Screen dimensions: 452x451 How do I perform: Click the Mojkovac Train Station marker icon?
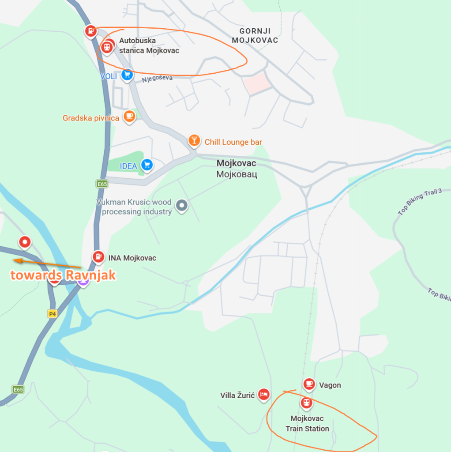pyautogui.click(x=306, y=402)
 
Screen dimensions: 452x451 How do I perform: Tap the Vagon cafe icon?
pyautogui.click(x=309, y=384)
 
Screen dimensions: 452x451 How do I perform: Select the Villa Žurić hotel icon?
pyautogui.click(x=263, y=394)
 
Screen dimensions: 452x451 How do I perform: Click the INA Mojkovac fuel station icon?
pyautogui.click(x=98, y=256)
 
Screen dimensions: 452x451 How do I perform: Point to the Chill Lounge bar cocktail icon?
pyautogui.click(x=194, y=140)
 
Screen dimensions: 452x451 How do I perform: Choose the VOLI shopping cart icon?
pyautogui.click(x=127, y=75)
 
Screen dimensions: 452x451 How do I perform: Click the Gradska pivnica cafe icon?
pyautogui.click(x=129, y=116)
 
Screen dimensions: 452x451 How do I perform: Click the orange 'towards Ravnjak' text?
pyautogui.click(x=63, y=275)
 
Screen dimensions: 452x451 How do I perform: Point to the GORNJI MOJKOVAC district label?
pyautogui.click(x=258, y=36)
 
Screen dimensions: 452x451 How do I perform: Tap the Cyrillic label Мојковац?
pyautogui.click(x=237, y=174)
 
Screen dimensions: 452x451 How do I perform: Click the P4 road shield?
pyautogui.click(x=53, y=313)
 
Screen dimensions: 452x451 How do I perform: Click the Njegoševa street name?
pyautogui.click(x=157, y=79)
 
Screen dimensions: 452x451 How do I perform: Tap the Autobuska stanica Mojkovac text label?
pyautogui.click(x=149, y=46)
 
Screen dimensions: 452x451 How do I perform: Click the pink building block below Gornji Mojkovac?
pyautogui.click(x=257, y=83)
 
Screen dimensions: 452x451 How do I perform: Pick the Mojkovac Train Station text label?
pyautogui.click(x=307, y=423)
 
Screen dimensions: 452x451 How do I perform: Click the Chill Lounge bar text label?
pyautogui.click(x=233, y=142)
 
